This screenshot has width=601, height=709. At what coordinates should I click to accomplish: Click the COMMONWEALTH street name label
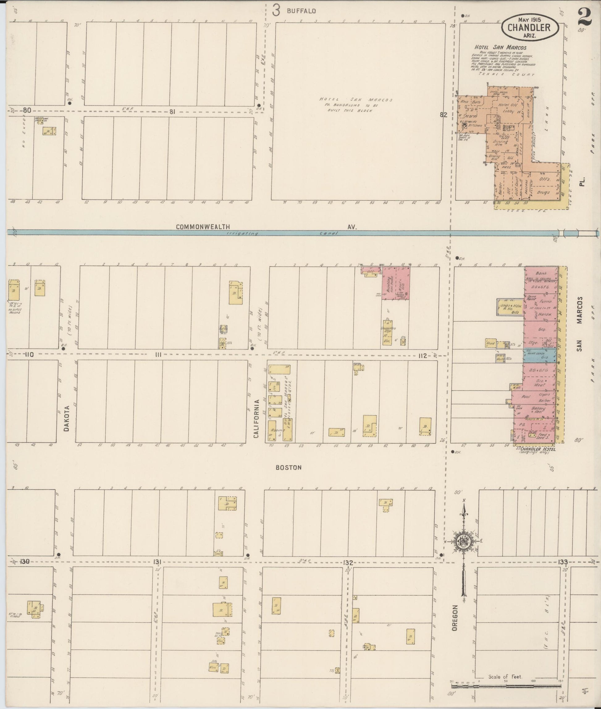coord(203,227)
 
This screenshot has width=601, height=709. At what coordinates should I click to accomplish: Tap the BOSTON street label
coord(288,468)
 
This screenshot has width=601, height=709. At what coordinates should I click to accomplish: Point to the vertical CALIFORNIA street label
coord(257,418)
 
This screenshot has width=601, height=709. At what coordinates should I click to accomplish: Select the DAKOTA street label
coord(66,418)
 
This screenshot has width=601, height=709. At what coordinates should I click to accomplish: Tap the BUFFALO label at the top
coord(301,11)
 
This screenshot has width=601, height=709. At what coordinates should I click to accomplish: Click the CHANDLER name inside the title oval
coord(529,27)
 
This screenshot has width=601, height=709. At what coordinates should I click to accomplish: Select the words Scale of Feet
coord(505,677)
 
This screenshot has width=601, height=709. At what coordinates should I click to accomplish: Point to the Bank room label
coord(541,273)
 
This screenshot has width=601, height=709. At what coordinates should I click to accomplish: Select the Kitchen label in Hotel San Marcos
coord(475,125)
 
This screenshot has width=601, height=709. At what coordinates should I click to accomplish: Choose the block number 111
coord(158,355)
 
